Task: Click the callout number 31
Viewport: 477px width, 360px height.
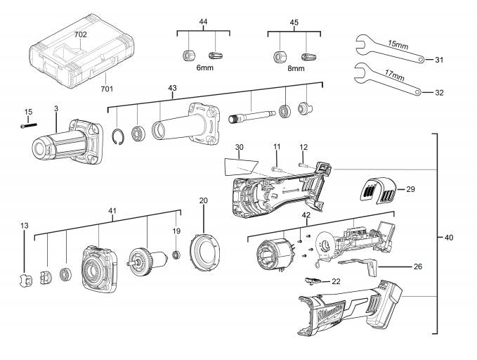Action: pos(439,60)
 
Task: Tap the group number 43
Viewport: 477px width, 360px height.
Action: pos(173,87)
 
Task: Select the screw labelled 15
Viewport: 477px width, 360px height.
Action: pos(27,125)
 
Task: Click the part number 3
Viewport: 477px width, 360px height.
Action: pos(56,108)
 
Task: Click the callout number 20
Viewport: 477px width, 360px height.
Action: pos(204,200)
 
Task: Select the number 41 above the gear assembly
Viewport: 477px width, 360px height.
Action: pos(112,210)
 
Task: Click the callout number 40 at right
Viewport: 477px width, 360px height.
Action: pos(449,238)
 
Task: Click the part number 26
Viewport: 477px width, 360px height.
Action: pos(417,266)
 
